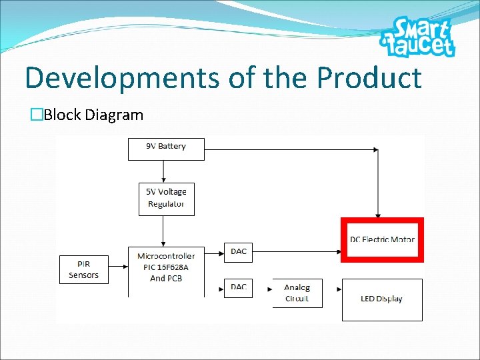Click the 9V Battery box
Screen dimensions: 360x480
[x=166, y=147]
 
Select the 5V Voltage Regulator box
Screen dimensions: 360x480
[x=167, y=199]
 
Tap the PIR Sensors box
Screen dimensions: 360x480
[x=83, y=269]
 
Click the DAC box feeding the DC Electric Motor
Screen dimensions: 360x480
[x=239, y=252]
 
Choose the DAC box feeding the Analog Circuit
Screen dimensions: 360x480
[x=239, y=287]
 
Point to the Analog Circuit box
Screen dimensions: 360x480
[x=297, y=293]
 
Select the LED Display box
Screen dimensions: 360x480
[x=382, y=299]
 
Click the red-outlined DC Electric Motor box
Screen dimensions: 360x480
[x=382, y=240]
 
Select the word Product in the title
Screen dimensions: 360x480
[x=369, y=78]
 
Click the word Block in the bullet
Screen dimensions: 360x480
[x=62, y=115]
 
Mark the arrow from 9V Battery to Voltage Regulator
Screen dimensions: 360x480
[x=166, y=171]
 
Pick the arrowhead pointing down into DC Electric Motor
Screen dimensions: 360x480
[x=378, y=215]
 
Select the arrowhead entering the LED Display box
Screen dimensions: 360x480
[x=339, y=289]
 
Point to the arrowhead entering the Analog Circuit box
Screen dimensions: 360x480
[x=269, y=289]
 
